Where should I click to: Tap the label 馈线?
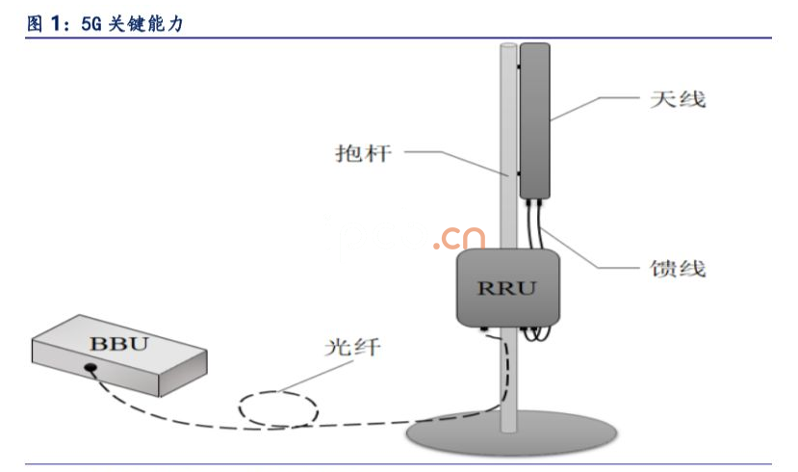point(678,267)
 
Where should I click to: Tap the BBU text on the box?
point(117,342)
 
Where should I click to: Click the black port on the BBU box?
point(90,367)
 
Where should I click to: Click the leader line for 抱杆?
point(452,159)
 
